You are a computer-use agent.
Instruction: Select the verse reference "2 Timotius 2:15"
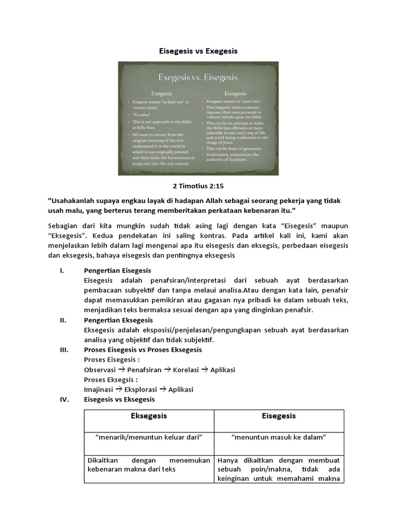click(198, 185)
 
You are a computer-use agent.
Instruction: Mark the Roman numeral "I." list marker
click(62, 271)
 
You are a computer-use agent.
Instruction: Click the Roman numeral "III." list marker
click(64, 350)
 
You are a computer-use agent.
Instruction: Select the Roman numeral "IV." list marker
click(64, 399)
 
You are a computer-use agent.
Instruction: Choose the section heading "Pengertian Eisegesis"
click(117, 271)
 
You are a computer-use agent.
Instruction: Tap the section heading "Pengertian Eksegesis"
click(117, 320)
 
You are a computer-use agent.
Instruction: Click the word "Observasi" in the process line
click(100, 370)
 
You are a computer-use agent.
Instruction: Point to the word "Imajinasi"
click(99, 390)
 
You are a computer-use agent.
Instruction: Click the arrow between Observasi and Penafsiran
click(122, 370)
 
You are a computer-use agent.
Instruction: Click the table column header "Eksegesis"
click(149, 416)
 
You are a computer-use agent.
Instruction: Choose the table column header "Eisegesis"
click(279, 416)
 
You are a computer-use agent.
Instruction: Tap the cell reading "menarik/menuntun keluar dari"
click(149, 437)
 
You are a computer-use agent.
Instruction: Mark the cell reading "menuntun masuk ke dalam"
click(279, 437)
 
